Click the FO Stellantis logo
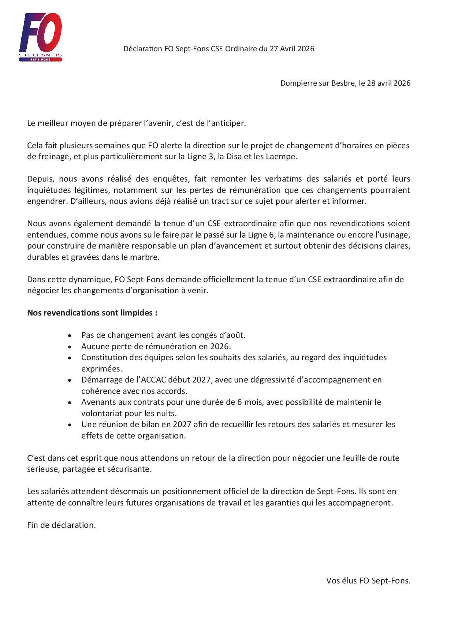(x=40, y=37)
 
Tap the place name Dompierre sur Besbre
(x=318, y=83)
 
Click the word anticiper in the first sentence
(x=229, y=123)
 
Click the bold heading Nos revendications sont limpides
(x=92, y=313)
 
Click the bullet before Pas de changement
(x=70, y=335)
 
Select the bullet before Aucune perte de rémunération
(x=70, y=347)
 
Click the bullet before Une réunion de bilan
(x=70, y=425)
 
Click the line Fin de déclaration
(x=62, y=525)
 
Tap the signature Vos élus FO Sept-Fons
(x=368, y=581)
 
